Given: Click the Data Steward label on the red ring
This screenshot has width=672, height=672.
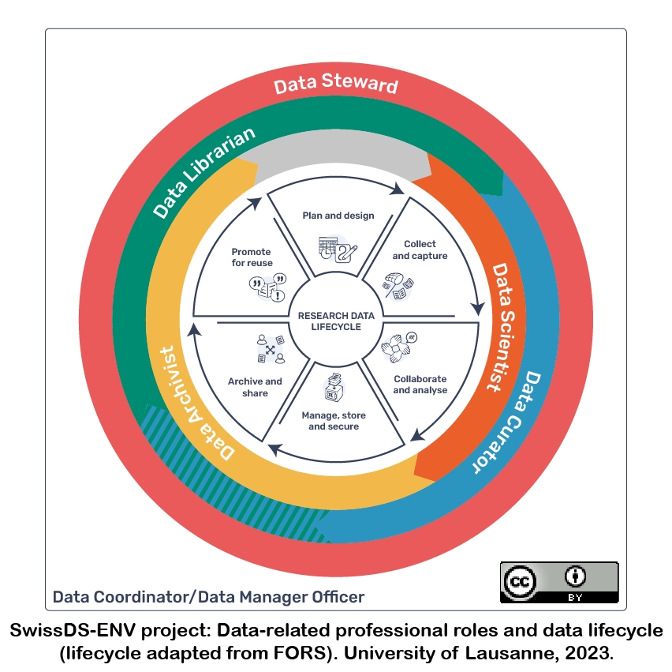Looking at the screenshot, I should tap(336, 84).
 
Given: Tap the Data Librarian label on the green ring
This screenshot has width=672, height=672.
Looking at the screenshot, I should tap(203, 171).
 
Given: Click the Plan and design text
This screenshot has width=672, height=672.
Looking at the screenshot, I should tap(338, 216).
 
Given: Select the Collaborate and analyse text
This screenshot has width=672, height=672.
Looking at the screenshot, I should tap(420, 385).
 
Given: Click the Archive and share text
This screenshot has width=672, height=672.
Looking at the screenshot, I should tap(255, 387).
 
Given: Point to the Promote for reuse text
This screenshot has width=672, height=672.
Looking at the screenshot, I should tap(252, 257).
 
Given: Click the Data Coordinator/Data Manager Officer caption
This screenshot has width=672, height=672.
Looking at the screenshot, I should tap(208, 596).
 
